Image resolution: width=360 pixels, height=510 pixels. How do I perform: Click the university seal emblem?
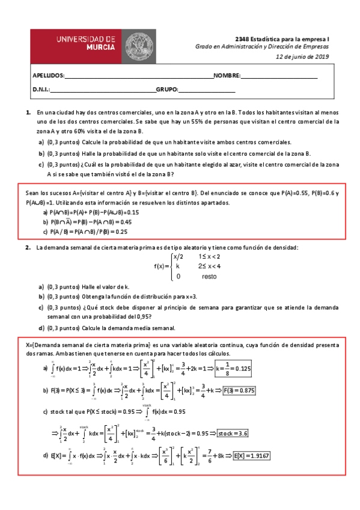(139, 45)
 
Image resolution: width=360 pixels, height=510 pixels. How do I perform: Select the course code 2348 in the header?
(242, 37)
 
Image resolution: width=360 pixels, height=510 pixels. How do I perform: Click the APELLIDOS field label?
(47, 76)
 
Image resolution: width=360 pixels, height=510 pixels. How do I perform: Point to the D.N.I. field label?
(41, 90)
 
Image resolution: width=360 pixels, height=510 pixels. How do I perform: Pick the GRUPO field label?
(166, 90)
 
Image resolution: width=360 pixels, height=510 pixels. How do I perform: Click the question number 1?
(28, 112)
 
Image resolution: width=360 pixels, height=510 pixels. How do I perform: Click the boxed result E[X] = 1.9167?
(252, 456)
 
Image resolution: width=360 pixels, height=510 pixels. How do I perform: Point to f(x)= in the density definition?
(162, 266)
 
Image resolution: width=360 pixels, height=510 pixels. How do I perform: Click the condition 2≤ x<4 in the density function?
(209, 266)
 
